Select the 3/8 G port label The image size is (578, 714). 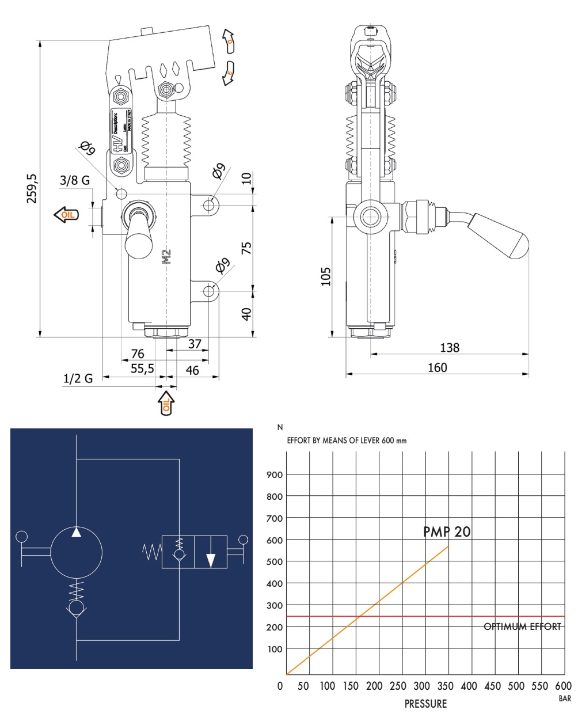75,180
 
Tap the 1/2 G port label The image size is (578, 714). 78,378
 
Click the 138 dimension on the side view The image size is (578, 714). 450,347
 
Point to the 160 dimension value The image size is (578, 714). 437,367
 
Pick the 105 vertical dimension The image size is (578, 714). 326,277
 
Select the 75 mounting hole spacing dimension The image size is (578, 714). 246,248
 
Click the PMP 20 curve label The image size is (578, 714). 447,531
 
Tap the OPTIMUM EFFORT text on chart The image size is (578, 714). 522,626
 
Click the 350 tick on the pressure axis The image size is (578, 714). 446,686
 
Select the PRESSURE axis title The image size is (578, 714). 425,703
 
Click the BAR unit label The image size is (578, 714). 564,699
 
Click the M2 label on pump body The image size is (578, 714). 167,257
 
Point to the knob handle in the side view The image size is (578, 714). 501,236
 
